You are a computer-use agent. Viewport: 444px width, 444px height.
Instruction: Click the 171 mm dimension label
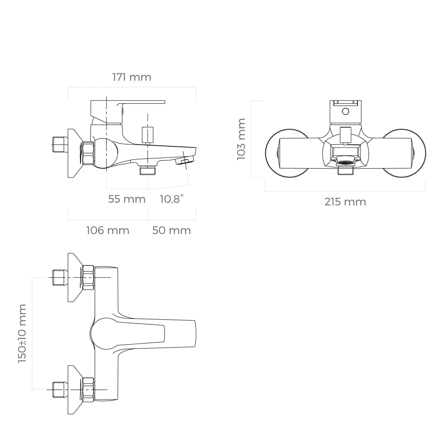[x=132, y=77]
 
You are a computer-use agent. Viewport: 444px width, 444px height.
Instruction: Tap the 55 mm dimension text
[x=127, y=199]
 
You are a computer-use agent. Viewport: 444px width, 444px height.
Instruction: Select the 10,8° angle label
[x=172, y=199]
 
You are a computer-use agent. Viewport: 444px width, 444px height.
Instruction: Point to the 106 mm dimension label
[x=107, y=230]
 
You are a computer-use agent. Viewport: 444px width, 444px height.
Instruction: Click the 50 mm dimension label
[x=171, y=230]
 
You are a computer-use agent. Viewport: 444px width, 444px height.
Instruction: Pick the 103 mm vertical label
[x=242, y=139]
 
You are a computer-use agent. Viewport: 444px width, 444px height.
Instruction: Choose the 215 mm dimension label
[x=345, y=202]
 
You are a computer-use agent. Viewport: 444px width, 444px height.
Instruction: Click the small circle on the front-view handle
[x=345, y=111]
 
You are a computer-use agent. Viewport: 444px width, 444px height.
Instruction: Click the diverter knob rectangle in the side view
[x=148, y=135]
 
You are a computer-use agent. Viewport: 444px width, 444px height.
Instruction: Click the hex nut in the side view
[x=88, y=153]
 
